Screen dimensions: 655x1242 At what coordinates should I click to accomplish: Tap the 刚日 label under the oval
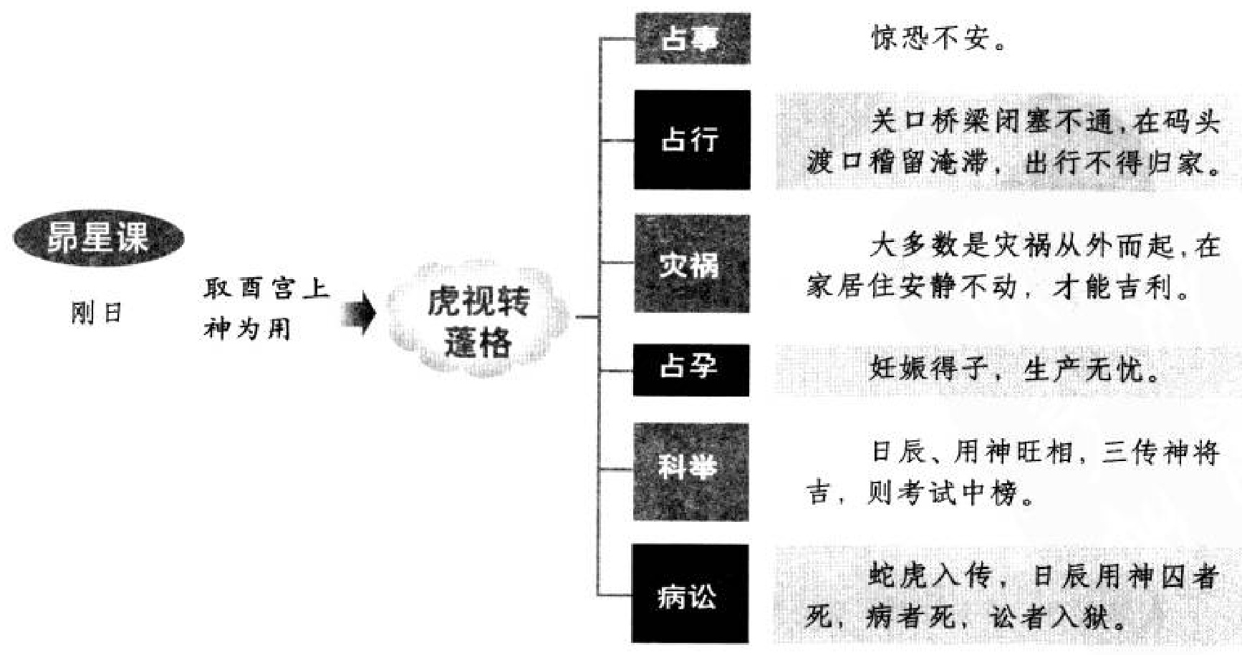tap(97, 314)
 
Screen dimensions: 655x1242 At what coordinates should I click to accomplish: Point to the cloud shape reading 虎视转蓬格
tap(478, 321)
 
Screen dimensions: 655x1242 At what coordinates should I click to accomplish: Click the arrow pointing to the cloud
tap(360, 313)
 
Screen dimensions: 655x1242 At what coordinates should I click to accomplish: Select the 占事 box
tap(692, 39)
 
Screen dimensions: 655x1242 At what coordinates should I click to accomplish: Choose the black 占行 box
tap(692, 140)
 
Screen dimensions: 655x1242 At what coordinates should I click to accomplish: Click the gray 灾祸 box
tap(692, 264)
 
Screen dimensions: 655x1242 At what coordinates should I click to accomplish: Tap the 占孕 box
tap(690, 369)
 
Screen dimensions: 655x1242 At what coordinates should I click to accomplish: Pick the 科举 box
tap(690, 471)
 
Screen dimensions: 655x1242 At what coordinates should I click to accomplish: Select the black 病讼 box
tap(689, 594)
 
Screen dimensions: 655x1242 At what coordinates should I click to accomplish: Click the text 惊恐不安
tap(931, 39)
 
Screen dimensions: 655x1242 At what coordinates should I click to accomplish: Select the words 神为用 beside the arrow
tap(247, 329)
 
